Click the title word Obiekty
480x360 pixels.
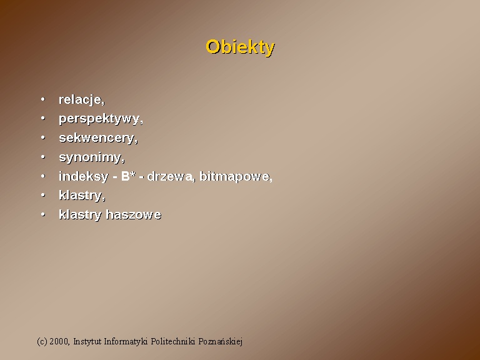[240, 47]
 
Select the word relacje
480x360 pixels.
[81, 100]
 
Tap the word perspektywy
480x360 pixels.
[99, 119]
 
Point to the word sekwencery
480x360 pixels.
[97, 138]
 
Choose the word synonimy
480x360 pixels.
[91, 157]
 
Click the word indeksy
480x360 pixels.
[84, 176]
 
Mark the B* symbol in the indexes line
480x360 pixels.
[128, 176]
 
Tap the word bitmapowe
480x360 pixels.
[235, 177]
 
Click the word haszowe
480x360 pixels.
[134, 214]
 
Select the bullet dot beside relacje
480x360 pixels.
[43, 99]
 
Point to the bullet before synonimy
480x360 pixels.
[43, 157]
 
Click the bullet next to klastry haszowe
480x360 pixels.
[43, 214]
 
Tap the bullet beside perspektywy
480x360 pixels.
[43, 118]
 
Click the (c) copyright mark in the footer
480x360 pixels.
[42, 341]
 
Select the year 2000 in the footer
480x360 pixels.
[59, 341]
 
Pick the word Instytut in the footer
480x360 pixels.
[87, 341]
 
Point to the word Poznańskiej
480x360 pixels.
[221, 341]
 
